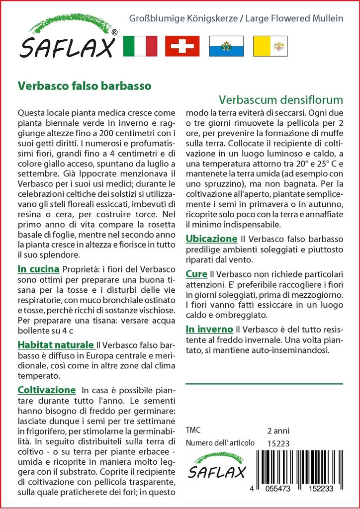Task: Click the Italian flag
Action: [x=140, y=46]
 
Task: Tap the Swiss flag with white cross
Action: [x=182, y=46]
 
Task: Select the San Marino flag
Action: [x=226, y=46]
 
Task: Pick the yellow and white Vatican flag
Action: [x=270, y=46]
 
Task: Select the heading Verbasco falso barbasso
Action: [x=85, y=85]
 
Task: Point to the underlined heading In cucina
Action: [x=38, y=269]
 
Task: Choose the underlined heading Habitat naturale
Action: [x=56, y=344]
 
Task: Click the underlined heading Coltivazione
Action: [x=46, y=390]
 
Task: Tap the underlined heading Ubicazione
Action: [x=211, y=239]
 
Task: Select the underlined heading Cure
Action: [x=196, y=273]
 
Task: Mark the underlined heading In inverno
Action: [x=209, y=329]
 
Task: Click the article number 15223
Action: [x=278, y=443]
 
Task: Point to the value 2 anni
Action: [x=278, y=430]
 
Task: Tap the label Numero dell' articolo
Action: [x=220, y=443]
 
